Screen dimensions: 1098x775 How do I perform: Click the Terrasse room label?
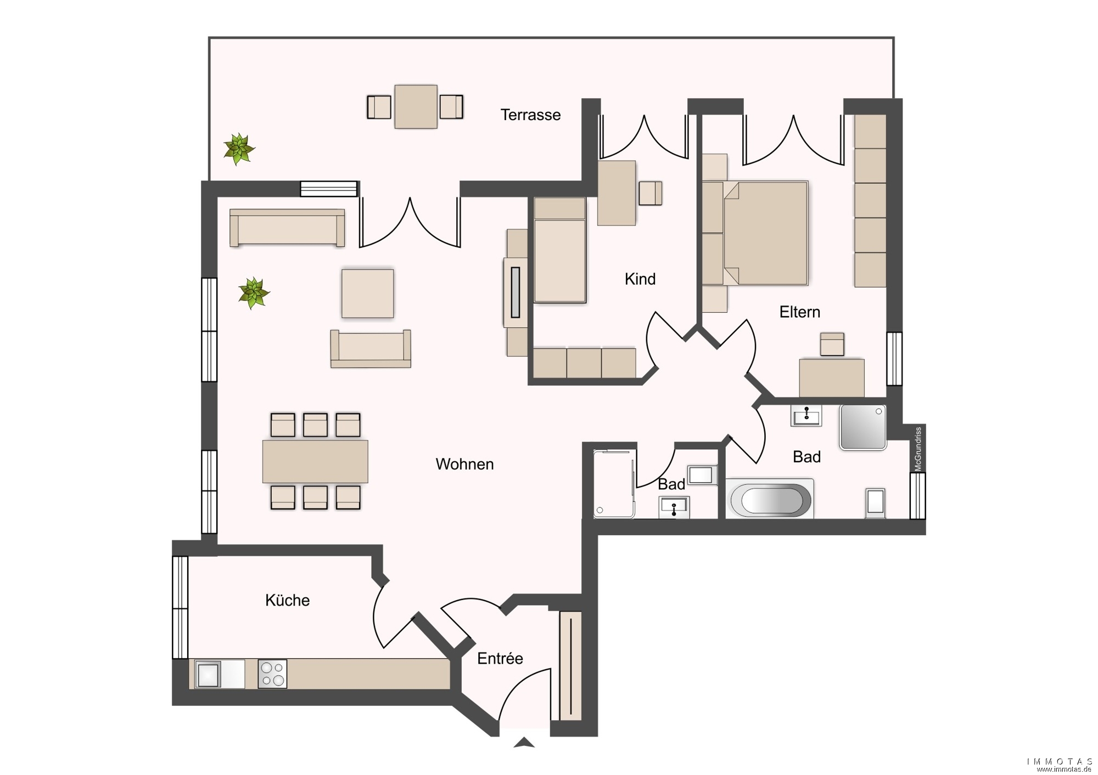[x=530, y=115]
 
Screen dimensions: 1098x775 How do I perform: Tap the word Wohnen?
[x=464, y=464]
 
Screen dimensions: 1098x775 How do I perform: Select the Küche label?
[x=287, y=600]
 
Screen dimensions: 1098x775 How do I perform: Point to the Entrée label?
[x=500, y=658]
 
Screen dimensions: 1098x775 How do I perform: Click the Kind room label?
[x=640, y=279]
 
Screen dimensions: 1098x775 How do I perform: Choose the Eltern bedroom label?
[x=800, y=312]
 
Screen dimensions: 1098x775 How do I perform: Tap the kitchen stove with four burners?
[x=272, y=674]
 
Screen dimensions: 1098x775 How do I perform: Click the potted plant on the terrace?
[x=239, y=149]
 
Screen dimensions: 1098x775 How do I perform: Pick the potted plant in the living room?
[x=254, y=293]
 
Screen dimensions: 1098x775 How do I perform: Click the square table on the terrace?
[x=416, y=106]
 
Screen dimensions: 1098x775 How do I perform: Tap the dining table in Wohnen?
[x=315, y=461]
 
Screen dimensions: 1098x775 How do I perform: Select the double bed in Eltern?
[x=765, y=233]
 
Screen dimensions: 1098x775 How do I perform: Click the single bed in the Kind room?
[x=559, y=250]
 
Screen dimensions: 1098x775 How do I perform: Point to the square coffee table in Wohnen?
[x=367, y=293]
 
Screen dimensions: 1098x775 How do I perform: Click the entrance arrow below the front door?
[x=524, y=742]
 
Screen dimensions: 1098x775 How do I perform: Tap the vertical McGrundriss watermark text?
[x=918, y=449]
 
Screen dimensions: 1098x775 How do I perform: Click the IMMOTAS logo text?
[x=1060, y=761]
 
